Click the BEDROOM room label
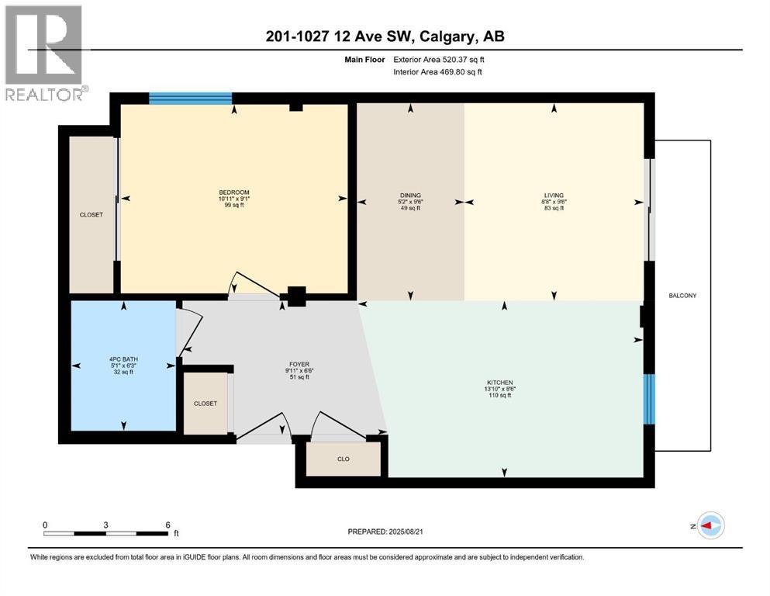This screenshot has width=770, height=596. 234,192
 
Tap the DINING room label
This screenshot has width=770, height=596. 410,195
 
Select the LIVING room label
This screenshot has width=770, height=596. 554,195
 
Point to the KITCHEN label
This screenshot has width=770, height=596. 500,383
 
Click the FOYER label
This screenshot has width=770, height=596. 299,365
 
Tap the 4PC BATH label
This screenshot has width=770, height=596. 124,359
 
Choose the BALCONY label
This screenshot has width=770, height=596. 682,296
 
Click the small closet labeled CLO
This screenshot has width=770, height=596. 344,459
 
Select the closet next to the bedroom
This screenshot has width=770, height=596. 92,215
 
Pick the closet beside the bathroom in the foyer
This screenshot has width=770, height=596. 205,404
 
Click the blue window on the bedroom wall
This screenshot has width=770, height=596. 191,99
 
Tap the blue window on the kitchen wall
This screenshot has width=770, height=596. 649,399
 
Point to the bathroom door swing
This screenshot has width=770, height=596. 189,333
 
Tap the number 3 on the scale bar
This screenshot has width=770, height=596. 106,525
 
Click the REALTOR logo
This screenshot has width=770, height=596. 46,53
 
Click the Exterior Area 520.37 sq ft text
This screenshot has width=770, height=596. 439,60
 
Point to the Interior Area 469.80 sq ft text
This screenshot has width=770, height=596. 437,71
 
